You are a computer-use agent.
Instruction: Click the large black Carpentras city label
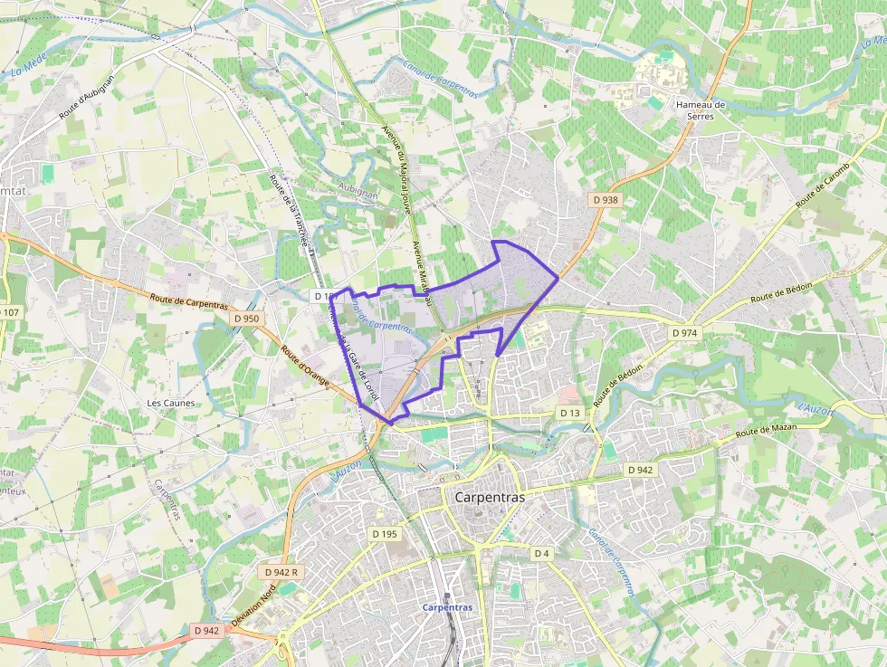pyautogui.click(x=489, y=497)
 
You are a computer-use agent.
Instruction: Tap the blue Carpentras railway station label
pyautogui.click(x=447, y=607)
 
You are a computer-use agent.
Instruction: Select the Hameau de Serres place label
pyautogui.click(x=701, y=110)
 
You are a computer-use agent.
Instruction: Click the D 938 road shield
pyautogui.click(x=606, y=199)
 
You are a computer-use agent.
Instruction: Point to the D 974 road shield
pyautogui.click(x=685, y=333)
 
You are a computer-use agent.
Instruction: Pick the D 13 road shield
pyautogui.click(x=569, y=413)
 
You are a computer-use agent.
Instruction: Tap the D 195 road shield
pyautogui.click(x=385, y=534)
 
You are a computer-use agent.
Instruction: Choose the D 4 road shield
pyautogui.click(x=541, y=552)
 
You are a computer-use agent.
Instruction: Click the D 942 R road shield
pyautogui.click(x=282, y=573)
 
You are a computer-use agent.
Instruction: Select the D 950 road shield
pyautogui.click(x=245, y=319)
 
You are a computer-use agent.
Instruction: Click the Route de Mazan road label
pyautogui.click(x=767, y=432)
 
